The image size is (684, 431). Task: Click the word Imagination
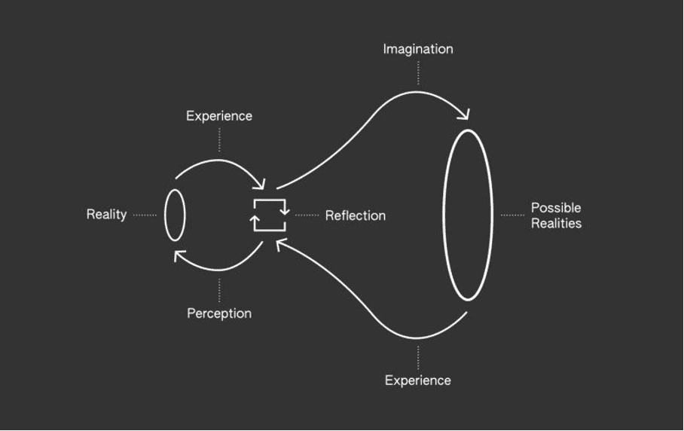pyautogui.click(x=417, y=49)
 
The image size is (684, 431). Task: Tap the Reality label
pyautogui.click(x=106, y=215)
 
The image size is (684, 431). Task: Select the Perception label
pyautogui.click(x=219, y=313)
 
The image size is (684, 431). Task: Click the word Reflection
pyautogui.click(x=356, y=215)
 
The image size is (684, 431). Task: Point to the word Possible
pyautogui.click(x=556, y=208)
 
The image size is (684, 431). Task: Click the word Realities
pyautogui.click(x=556, y=224)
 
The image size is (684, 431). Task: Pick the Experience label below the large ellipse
pyautogui.click(x=417, y=381)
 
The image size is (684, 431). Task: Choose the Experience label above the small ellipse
pyautogui.click(x=219, y=116)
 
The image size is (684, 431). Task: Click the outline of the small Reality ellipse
pyautogui.click(x=166, y=215)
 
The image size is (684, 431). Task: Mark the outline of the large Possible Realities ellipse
pyautogui.click(x=444, y=215)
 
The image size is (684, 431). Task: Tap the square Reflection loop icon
pyautogui.click(x=270, y=215)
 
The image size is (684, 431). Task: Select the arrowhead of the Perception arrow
pyautogui.click(x=179, y=256)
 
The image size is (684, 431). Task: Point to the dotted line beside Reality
pyautogui.click(x=145, y=215)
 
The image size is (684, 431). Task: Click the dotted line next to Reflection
pyautogui.click(x=307, y=215)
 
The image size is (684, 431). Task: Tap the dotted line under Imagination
pyautogui.click(x=418, y=73)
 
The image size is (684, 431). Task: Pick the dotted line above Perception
pyautogui.click(x=219, y=291)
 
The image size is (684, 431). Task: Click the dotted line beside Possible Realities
pyautogui.click(x=512, y=215)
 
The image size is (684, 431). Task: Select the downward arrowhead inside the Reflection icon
pyautogui.click(x=285, y=210)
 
